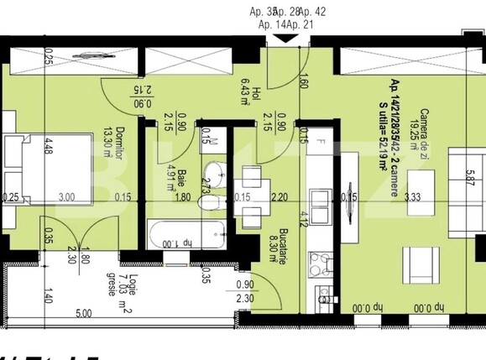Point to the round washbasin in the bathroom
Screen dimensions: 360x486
point(217,174)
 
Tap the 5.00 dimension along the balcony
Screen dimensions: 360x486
point(84,314)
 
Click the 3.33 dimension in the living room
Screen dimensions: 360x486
point(411,197)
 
